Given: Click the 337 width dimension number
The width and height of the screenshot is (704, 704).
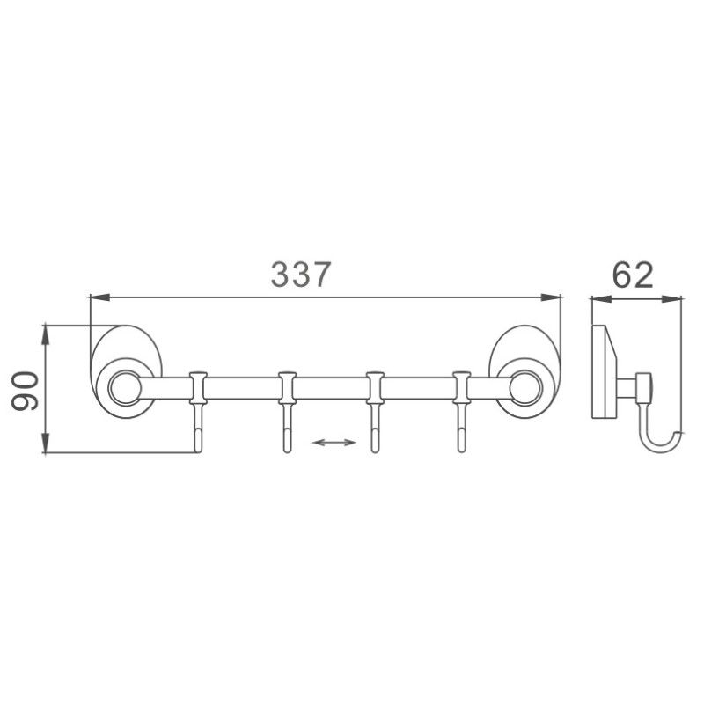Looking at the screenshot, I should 301,275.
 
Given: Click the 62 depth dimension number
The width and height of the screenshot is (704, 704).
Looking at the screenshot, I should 633,275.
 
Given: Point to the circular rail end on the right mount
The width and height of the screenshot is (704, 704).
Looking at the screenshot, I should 525,385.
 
